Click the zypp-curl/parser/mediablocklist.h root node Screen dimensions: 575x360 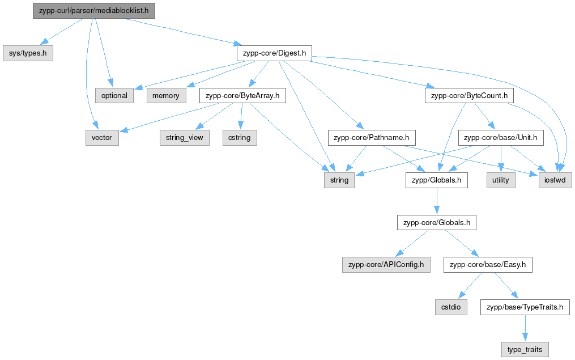94,11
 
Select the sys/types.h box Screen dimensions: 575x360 28,53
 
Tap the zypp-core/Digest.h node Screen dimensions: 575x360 274,53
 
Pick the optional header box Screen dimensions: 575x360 114,96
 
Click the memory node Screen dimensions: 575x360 166,96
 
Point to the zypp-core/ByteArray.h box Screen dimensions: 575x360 242,96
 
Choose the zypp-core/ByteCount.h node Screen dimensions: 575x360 470,96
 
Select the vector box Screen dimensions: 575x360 102,138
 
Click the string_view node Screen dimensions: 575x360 185,138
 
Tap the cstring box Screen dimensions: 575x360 240,138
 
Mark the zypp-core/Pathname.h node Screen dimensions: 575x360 372,138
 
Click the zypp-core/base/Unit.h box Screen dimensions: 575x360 501,138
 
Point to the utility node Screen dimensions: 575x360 501,180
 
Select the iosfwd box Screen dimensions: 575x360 555,180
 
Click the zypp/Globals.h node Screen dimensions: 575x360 436,180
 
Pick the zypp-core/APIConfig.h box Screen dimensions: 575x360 386,265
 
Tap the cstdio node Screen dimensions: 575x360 451,307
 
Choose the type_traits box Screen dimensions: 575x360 525,350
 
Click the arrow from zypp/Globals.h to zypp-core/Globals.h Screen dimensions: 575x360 436,201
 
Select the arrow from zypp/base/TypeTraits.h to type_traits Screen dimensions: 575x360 525,328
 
